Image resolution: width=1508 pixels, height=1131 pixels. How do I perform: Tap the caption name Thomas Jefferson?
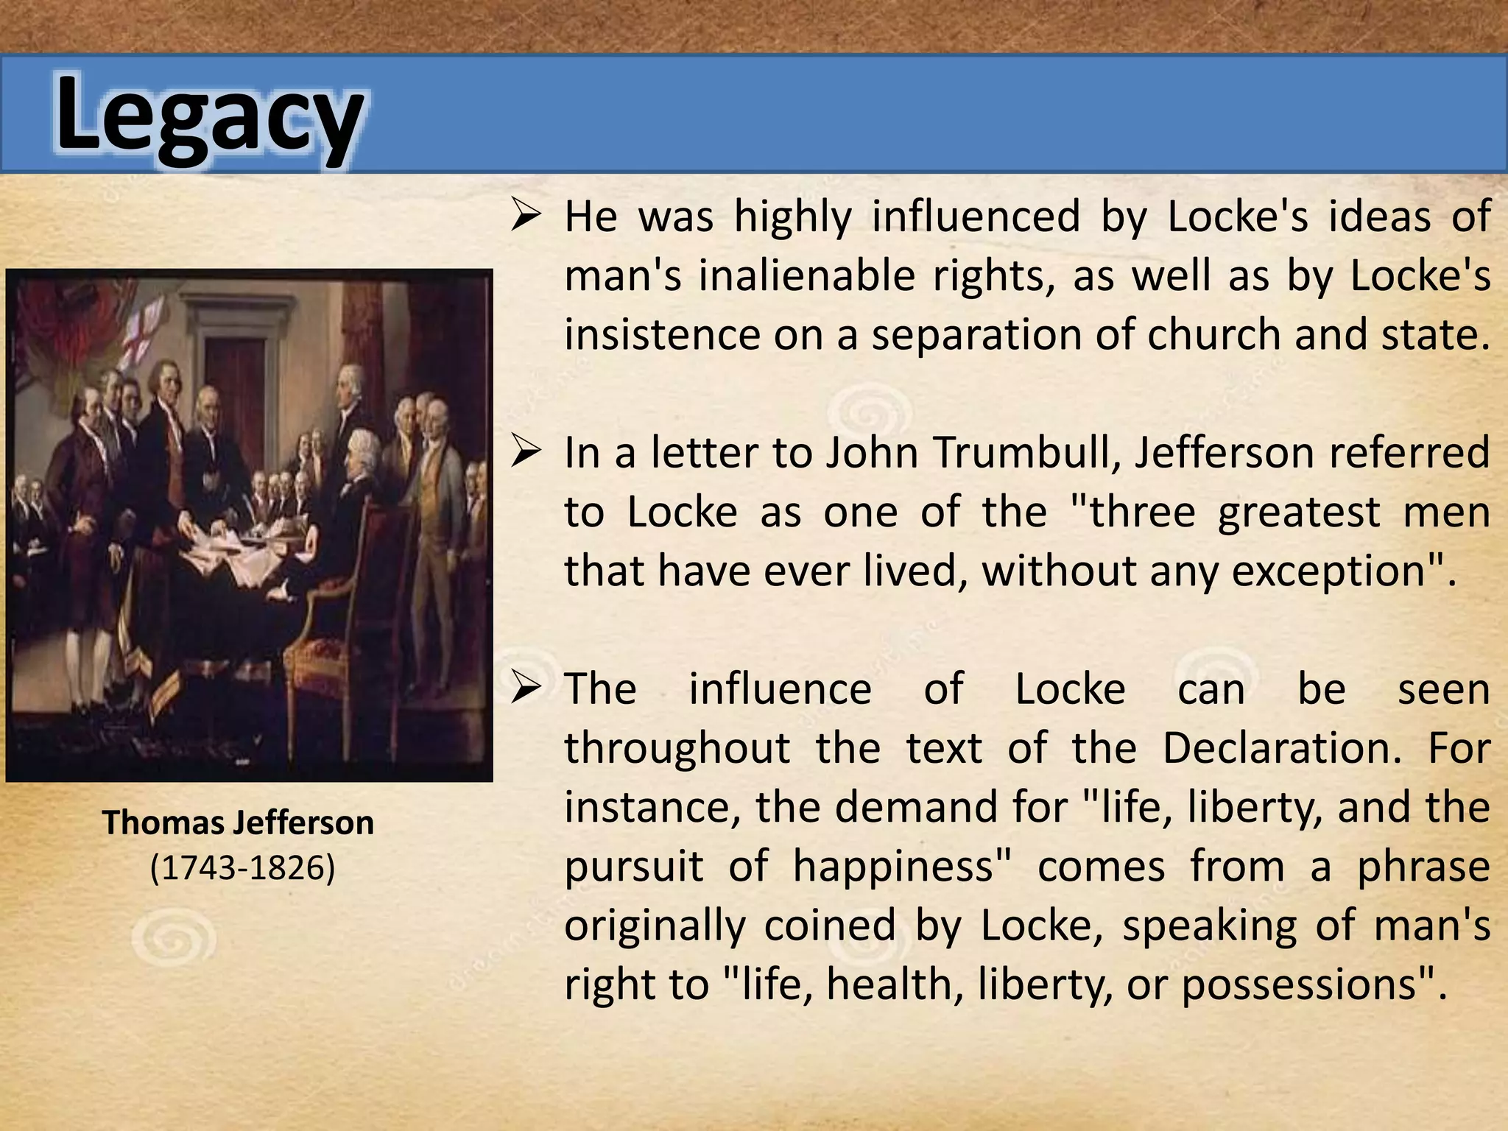coord(238,822)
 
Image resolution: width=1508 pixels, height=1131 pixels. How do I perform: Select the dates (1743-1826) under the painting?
coord(242,867)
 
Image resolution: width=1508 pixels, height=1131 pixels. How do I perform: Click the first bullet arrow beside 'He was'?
coord(526,216)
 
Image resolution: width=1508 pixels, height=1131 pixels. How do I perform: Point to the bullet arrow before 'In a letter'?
coord(526,452)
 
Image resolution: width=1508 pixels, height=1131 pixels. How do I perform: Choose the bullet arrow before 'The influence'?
coord(526,688)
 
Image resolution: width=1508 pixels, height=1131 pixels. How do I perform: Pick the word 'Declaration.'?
coord(1282,748)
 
